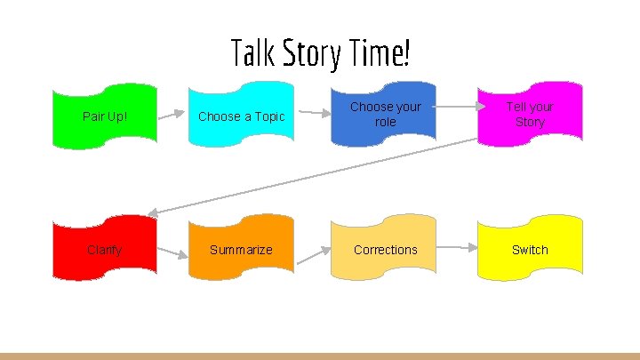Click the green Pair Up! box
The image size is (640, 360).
point(105,116)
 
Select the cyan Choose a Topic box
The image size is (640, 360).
point(241,116)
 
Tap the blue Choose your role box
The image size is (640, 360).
point(385,114)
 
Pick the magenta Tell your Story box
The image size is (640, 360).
point(530,114)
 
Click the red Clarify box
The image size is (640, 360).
point(105,250)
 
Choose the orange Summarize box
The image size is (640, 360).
point(241,250)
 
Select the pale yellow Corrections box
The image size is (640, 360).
point(385,250)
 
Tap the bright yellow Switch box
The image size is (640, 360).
point(530,250)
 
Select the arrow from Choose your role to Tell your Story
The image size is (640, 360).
point(457,107)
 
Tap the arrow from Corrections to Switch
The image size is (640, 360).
point(457,246)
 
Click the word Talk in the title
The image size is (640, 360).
point(252,53)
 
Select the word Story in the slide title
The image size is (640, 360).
point(311,54)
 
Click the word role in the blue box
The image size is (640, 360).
point(385,122)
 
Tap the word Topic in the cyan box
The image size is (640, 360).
point(267,116)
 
